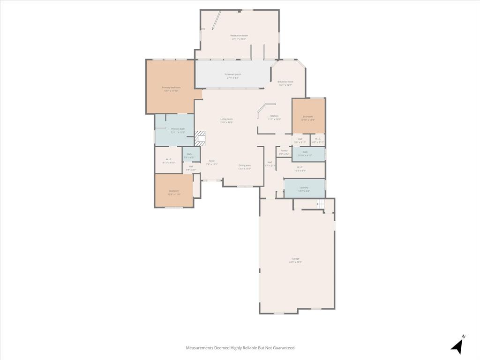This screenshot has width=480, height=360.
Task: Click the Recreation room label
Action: (239, 36)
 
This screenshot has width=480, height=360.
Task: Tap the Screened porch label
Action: (232, 75)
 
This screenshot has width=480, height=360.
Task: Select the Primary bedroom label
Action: (171, 88)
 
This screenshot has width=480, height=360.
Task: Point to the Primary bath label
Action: (178, 129)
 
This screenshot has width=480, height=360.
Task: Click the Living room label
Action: (226, 119)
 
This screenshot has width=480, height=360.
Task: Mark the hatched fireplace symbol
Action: (200, 137)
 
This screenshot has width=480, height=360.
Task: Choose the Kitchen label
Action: (274, 116)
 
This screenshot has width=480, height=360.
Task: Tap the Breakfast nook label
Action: (285, 82)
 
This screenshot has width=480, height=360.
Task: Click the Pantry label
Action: (284, 150)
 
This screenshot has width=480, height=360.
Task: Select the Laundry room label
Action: (304, 187)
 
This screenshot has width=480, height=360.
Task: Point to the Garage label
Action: (295, 259)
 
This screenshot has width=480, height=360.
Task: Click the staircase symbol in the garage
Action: (321, 203)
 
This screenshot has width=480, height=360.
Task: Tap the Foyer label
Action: (211, 161)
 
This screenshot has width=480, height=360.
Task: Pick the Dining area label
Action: (244, 165)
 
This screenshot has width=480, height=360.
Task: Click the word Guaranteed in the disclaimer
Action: (283, 348)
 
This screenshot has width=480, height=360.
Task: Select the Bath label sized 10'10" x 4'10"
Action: (305, 152)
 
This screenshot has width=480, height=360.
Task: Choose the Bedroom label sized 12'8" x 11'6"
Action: (174, 191)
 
